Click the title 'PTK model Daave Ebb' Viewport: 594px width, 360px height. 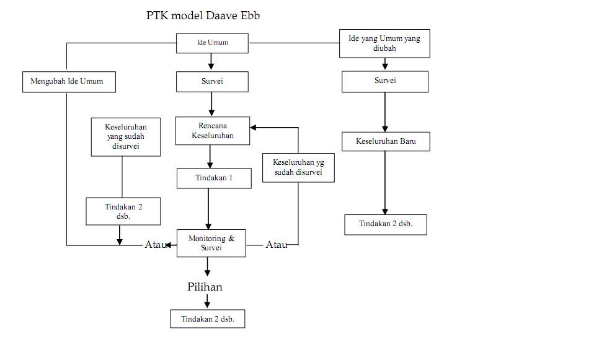click(203, 15)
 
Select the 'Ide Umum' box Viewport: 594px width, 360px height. click(212, 43)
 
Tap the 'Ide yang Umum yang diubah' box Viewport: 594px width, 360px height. click(384, 43)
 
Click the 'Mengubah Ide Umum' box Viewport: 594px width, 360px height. click(68, 82)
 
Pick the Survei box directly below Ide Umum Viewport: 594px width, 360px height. click(212, 81)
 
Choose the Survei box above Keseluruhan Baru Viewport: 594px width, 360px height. click(384, 81)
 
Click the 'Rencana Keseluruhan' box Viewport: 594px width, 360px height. click(212, 131)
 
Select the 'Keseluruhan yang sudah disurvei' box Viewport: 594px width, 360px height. click(126, 137)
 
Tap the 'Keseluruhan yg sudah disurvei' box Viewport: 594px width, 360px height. click(298, 167)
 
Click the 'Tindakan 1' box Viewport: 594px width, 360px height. click(214, 178)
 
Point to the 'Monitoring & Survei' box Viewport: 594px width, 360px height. click(211, 243)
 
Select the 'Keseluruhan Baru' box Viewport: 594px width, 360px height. click(385, 141)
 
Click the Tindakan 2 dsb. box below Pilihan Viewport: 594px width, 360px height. click(207, 319)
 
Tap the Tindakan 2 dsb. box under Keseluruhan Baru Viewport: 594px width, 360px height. click(385, 224)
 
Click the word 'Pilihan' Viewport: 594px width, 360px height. click(205, 287)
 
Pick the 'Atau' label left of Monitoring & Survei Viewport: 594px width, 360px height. click(155, 245)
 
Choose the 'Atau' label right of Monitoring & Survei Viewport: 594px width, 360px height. click(276, 245)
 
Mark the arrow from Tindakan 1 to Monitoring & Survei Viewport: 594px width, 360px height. click(208, 209)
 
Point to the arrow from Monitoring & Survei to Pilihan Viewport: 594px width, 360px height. click(207, 266)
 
